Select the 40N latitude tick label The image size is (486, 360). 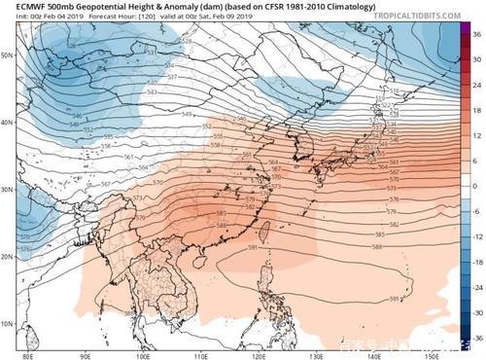click(7, 123)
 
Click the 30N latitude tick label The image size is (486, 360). click(7, 190)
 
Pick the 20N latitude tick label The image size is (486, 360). click(7, 256)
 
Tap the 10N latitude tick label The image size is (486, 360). click(7, 322)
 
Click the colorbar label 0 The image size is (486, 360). click(476, 185)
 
